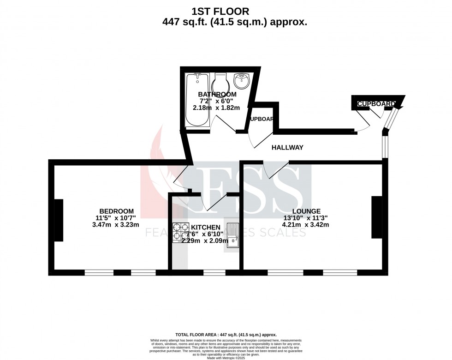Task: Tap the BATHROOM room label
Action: click(217, 94)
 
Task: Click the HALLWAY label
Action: click(287, 148)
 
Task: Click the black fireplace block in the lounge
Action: click(377, 217)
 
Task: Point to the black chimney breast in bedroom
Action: click(59, 220)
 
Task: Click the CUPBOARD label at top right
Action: click(376, 104)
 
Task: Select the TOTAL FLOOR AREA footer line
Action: click(226, 335)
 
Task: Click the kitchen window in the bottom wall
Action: click(214, 272)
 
